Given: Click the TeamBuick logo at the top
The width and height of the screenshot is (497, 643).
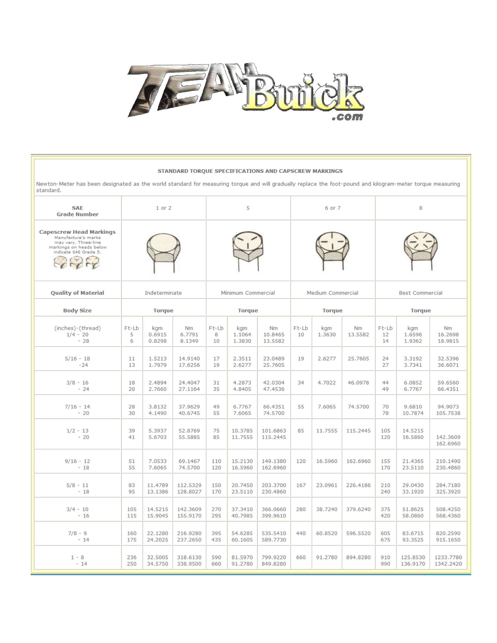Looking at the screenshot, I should pyautogui.click(x=246, y=91).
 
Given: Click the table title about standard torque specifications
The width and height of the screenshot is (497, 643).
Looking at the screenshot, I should pyautogui.click(x=250, y=171).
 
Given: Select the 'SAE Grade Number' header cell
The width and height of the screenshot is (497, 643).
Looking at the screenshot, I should pyautogui.click(x=77, y=211).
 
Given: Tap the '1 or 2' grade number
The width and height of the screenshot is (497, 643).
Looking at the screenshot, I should pyautogui.click(x=163, y=208).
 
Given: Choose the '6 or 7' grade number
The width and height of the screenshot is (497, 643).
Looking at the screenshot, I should pyautogui.click(x=332, y=208).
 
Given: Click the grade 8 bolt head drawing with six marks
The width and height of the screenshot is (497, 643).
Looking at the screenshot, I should pyautogui.click(x=420, y=250).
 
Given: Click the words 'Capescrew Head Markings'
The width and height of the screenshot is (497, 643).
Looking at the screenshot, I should pyautogui.click(x=77, y=232).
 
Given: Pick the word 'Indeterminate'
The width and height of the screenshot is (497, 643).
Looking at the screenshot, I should pyautogui.click(x=163, y=293).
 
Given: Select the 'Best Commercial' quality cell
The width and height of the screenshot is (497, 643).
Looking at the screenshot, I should pyautogui.click(x=420, y=293).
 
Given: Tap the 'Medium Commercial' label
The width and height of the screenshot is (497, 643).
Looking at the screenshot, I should pyautogui.click(x=332, y=293).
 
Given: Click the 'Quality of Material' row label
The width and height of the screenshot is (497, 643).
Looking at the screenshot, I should pyautogui.click(x=77, y=293).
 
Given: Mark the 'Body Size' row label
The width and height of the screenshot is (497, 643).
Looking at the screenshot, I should pyautogui.click(x=77, y=310).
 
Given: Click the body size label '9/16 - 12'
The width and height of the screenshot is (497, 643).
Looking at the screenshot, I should pyautogui.click(x=77, y=461).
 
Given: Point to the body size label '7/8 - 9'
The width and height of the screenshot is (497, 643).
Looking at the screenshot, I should pyautogui.click(x=77, y=533).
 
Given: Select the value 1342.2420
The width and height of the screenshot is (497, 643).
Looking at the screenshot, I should pyautogui.click(x=448, y=564).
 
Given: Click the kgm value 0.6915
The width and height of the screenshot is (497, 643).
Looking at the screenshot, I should pyautogui.click(x=158, y=334).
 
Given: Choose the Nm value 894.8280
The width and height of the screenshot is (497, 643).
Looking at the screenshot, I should pyautogui.click(x=358, y=557).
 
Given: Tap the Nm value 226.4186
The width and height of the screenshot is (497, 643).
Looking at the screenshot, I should pyautogui.click(x=358, y=485).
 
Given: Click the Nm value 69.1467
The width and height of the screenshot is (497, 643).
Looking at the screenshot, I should pyautogui.click(x=189, y=461).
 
